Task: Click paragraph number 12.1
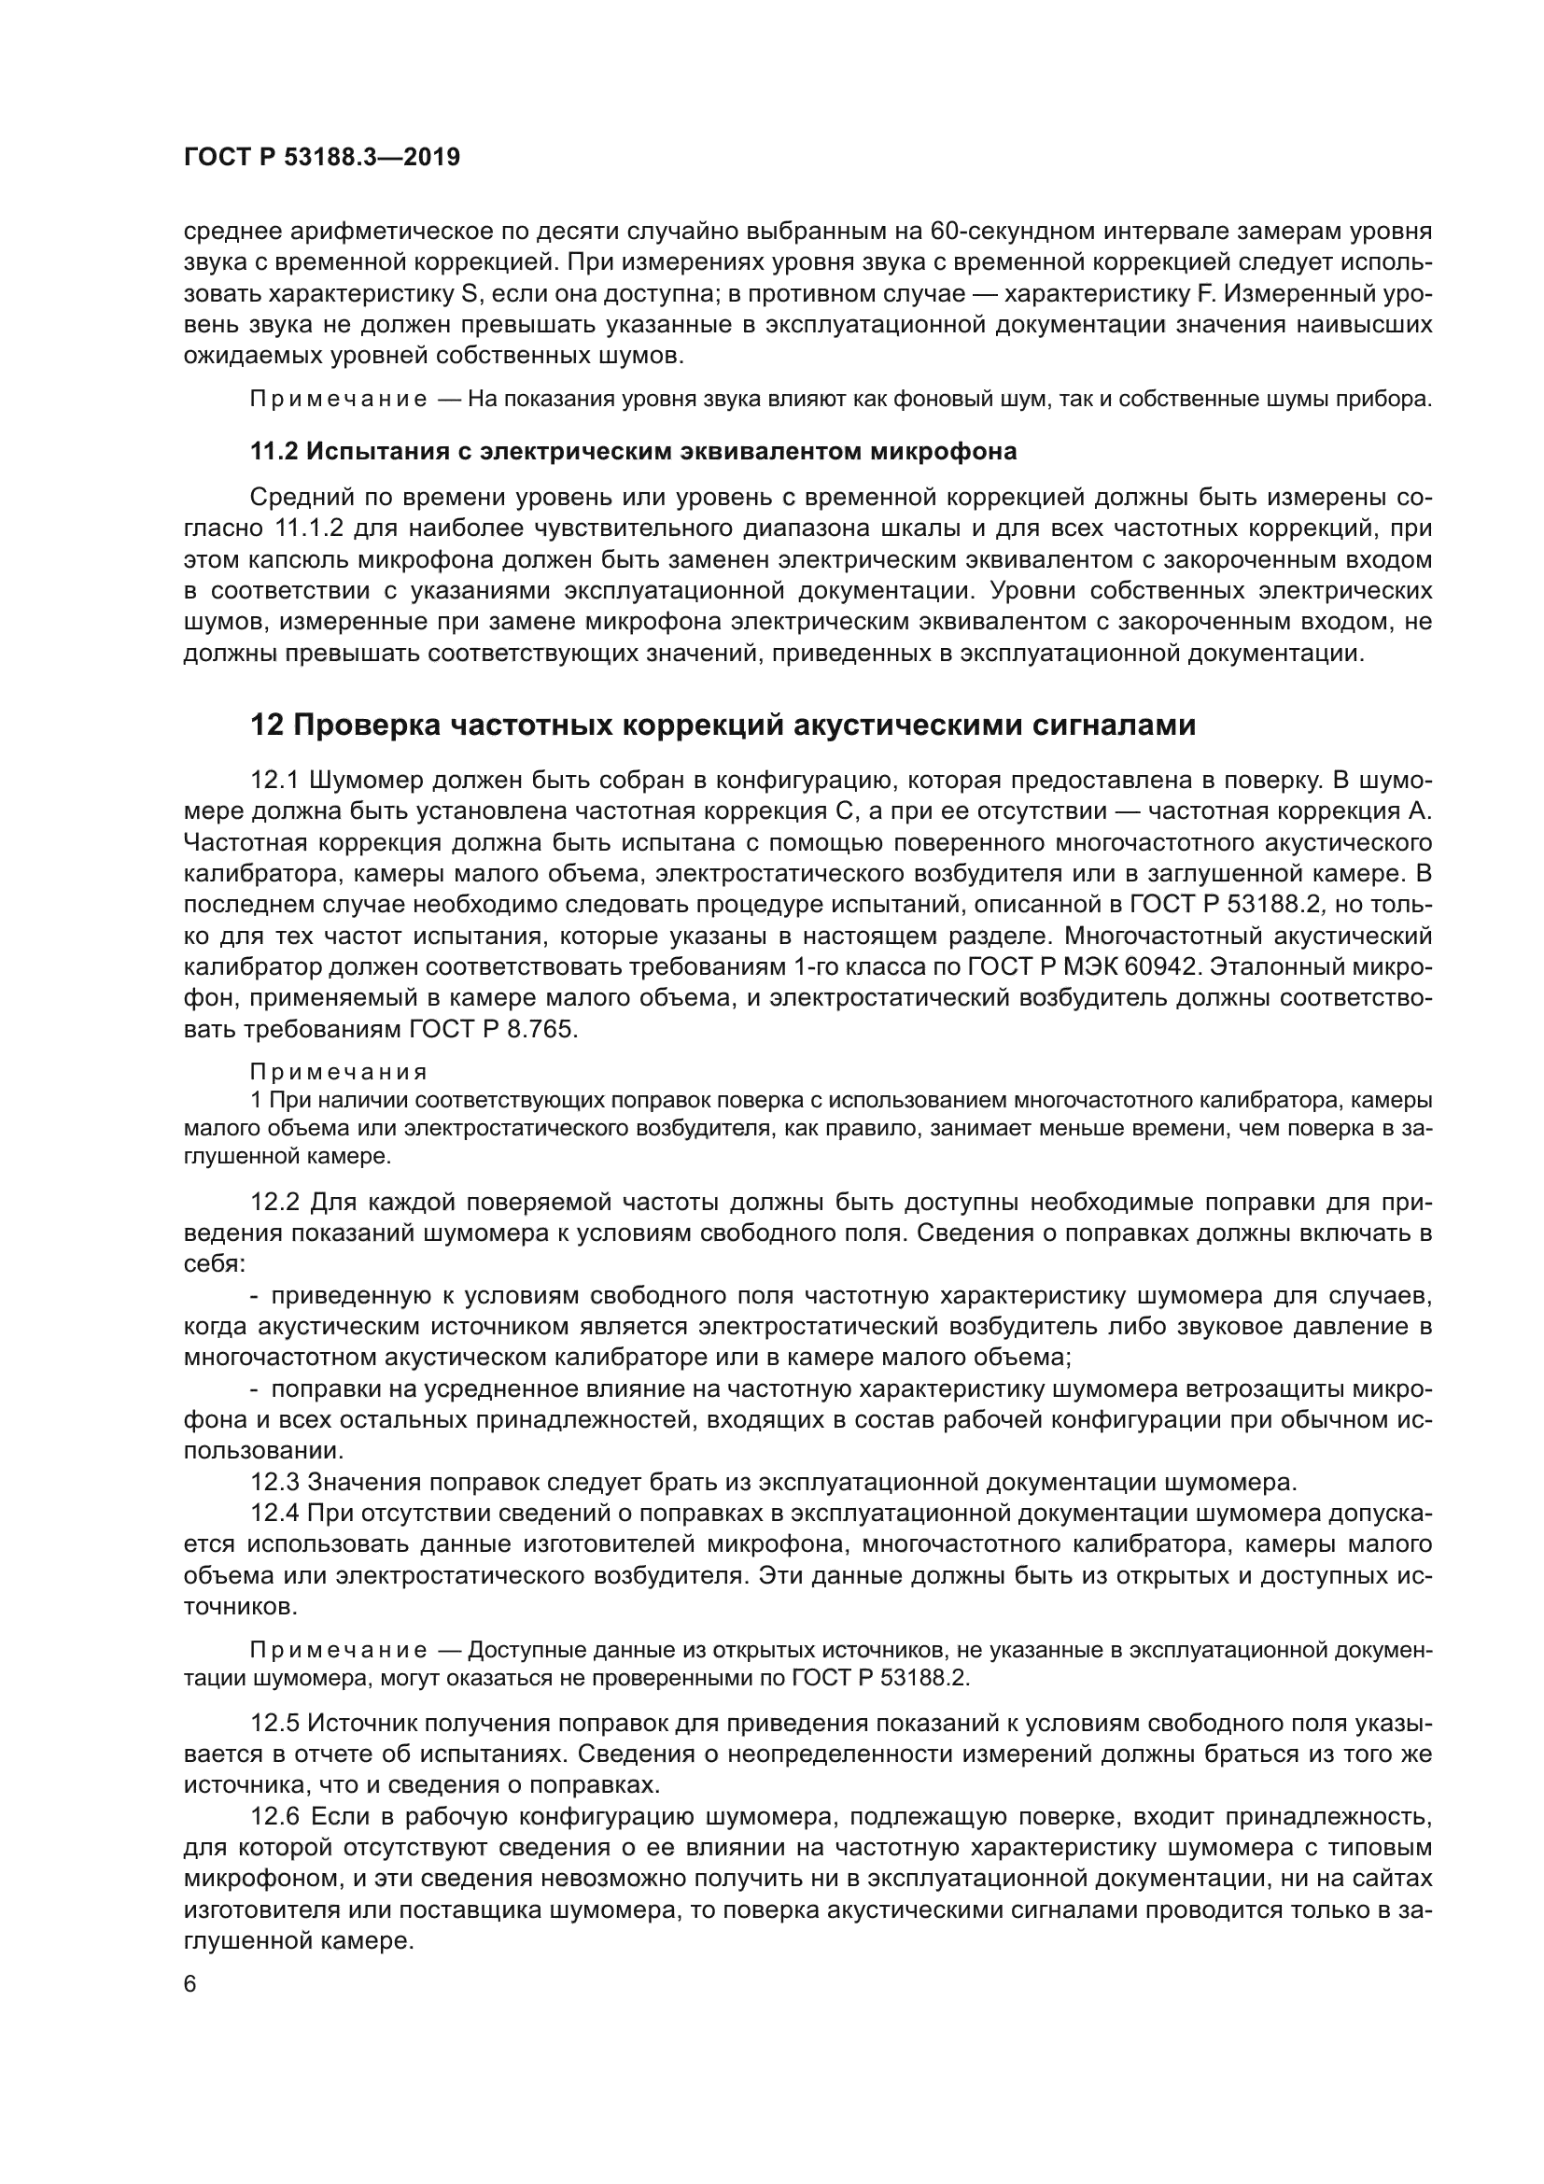pyautogui.click(x=274, y=781)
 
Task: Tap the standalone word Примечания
pyautogui.click(x=339, y=1073)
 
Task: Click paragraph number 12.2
pyautogui.click(x=274, y=1203)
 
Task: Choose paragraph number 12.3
pyautogui.click(x=274, y=1482)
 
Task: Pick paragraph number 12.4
pyautogui.click(x=274, y=1514)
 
